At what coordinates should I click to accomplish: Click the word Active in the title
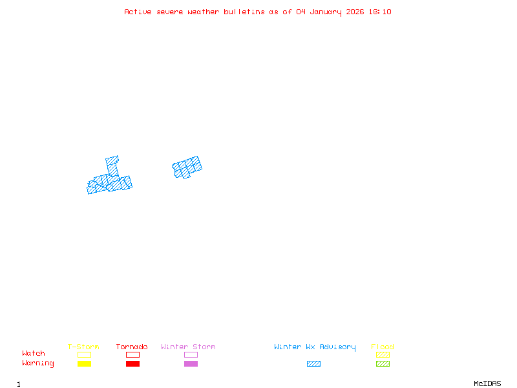click(138, 12)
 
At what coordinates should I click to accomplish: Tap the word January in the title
click(328, 12)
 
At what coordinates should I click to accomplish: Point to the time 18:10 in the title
click(379, 12)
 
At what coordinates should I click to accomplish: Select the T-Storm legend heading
click(83, 347)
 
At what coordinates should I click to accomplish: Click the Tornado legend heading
click(132, 347)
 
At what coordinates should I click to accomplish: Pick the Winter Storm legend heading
click(188, 347)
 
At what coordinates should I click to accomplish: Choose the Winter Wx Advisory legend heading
click(315, 347)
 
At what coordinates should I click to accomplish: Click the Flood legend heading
click(383, 347)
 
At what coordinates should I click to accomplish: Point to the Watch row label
click(34, 354)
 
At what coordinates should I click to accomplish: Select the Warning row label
click(38, 363)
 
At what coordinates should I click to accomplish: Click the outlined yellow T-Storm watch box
click(84, 354)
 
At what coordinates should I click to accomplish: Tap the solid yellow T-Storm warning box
click(84, 363)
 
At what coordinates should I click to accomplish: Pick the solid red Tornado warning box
click(132, 363)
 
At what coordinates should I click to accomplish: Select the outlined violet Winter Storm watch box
click(191, 354)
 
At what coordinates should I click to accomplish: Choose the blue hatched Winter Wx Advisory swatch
click(313, 363)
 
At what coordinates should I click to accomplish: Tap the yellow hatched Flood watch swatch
click(383, 354)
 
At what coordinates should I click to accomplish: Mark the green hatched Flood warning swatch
click(383, 363)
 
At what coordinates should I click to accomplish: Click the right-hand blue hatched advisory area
click(187, 167)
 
